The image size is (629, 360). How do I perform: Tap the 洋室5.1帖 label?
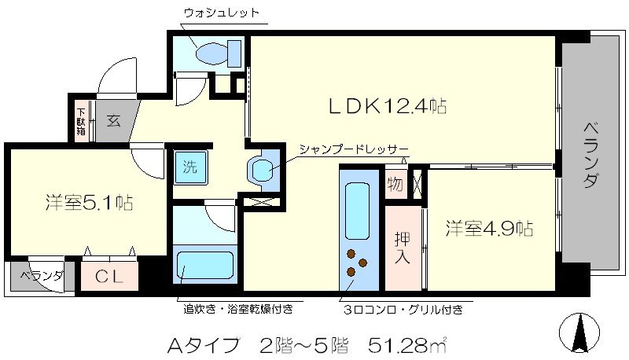(87, 202)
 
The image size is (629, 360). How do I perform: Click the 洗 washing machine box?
(189, 166)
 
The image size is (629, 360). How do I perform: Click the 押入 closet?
(402, 246)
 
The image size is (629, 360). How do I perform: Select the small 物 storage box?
(394, 186)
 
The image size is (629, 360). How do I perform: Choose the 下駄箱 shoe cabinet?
(81, 121)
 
